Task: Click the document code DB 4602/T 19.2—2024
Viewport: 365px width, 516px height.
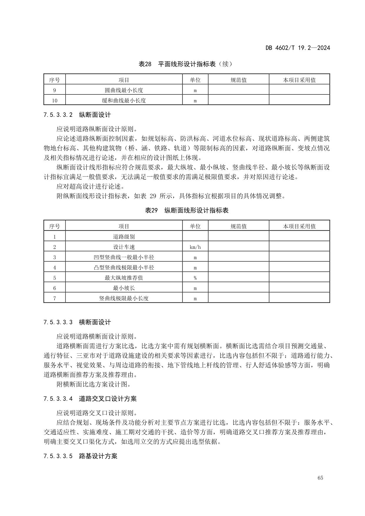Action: tap(298, 48)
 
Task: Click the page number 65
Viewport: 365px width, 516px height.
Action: tap(320, 478)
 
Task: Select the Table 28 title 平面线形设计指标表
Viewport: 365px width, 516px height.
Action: tap(186, 64)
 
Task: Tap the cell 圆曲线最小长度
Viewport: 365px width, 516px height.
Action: tap(124, 90)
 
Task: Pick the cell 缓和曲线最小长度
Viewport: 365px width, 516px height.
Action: tap(124, 101)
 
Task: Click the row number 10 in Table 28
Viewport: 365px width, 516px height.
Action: tap(54, 101)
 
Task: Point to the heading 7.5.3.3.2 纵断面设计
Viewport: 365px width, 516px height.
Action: tap(77, 115)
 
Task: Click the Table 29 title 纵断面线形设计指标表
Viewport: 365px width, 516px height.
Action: tap(186, 210)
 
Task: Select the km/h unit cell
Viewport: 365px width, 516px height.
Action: tap(195, 247)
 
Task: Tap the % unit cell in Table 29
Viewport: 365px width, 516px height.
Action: tap(195, 278)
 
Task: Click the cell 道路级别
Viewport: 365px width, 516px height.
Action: tap(124, 237)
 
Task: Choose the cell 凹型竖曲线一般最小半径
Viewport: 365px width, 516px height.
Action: tap(124, 257)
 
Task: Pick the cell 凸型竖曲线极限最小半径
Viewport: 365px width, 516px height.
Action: tap(124, 268)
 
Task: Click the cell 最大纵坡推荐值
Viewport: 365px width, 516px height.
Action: tap(124, 278)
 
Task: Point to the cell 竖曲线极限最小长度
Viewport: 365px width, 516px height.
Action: tap(124, 299)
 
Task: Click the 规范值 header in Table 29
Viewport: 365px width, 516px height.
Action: tap(239, 226)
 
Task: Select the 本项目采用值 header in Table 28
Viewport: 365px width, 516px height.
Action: tap(299, 80)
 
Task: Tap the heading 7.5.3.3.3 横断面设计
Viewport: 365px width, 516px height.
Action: tap(77, 322)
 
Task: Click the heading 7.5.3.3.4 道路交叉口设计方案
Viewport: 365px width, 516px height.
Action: tap(90, 399)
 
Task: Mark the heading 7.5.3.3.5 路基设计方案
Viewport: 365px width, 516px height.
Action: tap(80, 456)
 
